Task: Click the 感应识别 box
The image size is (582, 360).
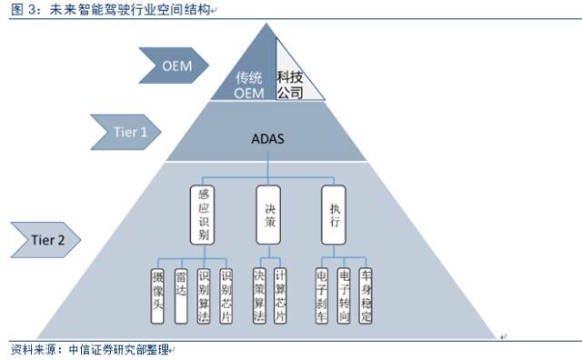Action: coord(203,215)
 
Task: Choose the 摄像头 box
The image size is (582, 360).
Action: coord(158,295)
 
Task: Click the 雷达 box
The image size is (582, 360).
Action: coord(181,295)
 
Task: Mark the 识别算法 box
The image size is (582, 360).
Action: coord(203,295)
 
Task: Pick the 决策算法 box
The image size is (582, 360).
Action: coord(258,295)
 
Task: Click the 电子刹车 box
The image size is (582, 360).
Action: coord(321,295)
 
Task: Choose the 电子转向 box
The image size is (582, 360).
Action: coord(344,295)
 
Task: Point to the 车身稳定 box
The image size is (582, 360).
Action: coord(366,295)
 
